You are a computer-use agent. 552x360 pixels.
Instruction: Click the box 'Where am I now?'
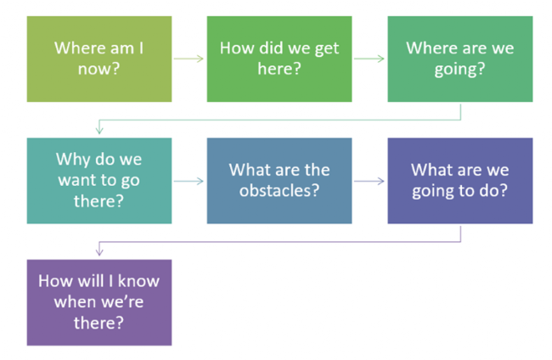coord(99,59)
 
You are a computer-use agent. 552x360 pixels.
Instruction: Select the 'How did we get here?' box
coord(279,59)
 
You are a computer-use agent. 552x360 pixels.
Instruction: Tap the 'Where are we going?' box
coord(460,59)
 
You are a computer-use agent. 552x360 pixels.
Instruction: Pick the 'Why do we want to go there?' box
coord(99,181)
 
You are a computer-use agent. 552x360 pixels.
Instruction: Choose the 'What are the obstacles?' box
coord(279,181)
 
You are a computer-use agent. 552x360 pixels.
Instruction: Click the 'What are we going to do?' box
coord(460,181)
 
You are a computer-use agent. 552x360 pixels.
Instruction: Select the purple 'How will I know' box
coord(99,302)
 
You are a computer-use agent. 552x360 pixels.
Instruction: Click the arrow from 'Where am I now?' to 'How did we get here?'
coord(189,59)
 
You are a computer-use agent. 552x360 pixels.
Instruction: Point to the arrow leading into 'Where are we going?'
coord(369,59)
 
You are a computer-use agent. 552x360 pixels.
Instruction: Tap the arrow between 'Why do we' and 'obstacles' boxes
coord(189,181)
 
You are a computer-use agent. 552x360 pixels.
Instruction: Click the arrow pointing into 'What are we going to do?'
coord(369,181)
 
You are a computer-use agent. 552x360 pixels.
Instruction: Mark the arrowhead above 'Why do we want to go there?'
coord(99,130)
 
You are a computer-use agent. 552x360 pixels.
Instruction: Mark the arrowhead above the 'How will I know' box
coord(99,252)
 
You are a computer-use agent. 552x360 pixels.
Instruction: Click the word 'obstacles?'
coord(279,191)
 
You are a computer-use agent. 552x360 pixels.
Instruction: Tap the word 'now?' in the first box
coord(99,69)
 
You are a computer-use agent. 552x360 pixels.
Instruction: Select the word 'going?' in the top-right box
coord(459,70)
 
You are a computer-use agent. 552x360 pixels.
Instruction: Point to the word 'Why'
coord(73,160)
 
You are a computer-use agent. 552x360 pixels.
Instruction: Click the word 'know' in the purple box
coord(138,281)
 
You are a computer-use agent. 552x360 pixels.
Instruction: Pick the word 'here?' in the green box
coord(279,69)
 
